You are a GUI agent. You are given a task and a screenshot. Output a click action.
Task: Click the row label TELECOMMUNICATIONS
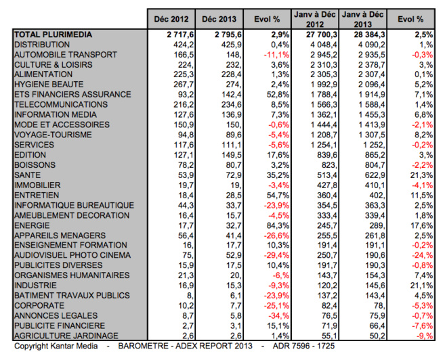click(61, 105)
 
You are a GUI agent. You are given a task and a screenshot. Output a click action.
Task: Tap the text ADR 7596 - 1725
click(299, 346)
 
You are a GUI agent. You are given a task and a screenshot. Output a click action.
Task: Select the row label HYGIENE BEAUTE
click(49, 84)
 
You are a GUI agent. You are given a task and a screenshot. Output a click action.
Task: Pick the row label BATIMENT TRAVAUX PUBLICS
click(71, 295)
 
